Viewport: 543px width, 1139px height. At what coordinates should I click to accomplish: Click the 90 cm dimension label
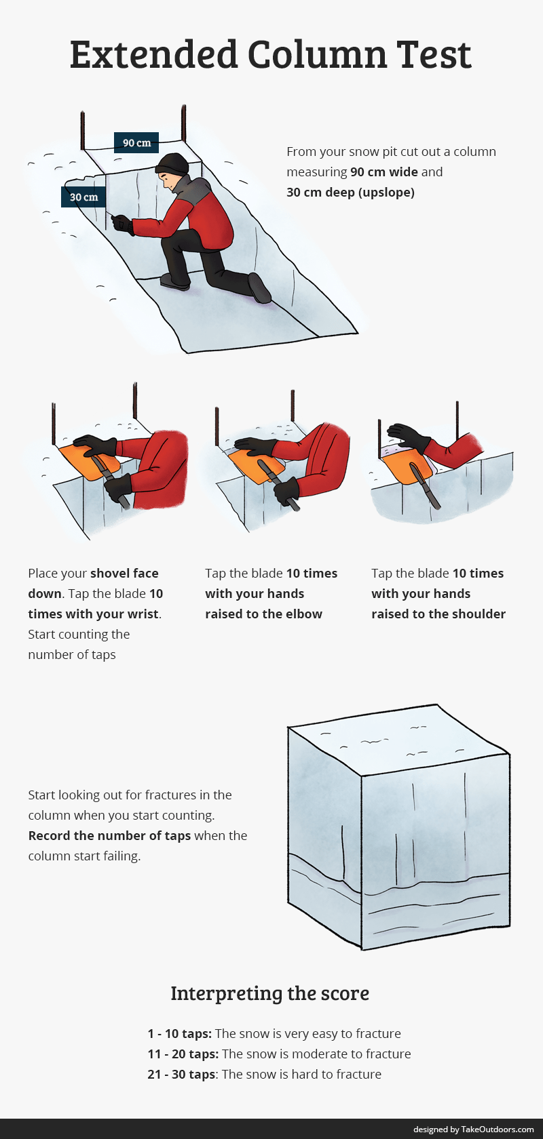136,142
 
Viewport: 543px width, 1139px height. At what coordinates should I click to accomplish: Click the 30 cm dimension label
83,197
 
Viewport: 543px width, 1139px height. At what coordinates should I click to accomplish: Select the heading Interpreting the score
270,993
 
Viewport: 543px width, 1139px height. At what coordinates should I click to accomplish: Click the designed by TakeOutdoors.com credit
474,1129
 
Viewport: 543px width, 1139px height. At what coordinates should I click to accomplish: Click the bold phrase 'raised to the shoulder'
438,614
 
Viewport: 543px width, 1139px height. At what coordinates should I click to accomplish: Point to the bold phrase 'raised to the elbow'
264,614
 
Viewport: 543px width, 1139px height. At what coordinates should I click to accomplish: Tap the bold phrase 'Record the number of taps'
110,835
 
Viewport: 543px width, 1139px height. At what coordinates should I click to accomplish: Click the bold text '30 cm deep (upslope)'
351,192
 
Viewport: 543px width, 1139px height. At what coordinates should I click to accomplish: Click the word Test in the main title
434,54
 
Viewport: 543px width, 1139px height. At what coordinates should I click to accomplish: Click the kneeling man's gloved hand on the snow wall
123,224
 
